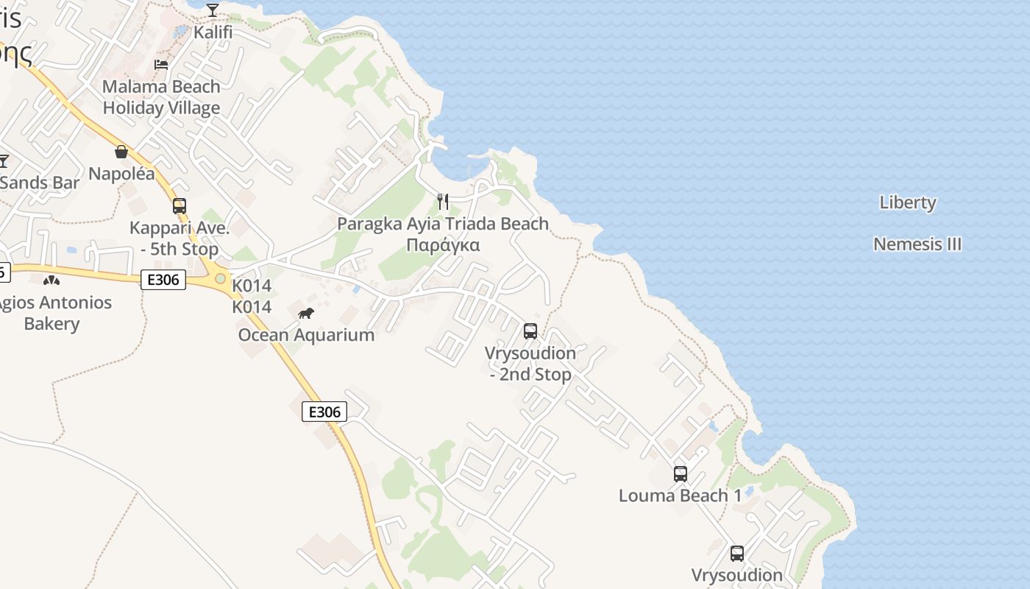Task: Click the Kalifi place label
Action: (213, 32)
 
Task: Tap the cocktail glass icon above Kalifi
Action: (213, 10)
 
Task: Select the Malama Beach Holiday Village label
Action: (161, 97)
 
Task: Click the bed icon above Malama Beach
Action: (161, 65)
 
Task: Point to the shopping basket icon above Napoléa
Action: (121, 152)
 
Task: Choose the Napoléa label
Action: (121, 174)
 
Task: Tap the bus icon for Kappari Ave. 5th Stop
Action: (180, 206)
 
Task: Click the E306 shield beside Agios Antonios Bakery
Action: (163, 280)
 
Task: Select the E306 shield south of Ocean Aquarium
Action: (324, 412)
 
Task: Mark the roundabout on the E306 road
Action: (220, 279)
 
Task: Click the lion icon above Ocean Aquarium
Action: (306, 314)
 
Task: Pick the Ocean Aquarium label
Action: (306, 335)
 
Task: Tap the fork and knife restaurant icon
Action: (443, 202)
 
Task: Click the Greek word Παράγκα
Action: (443, 245)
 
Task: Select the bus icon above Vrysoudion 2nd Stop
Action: (530, 331)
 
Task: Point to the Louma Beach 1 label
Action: (680, 495)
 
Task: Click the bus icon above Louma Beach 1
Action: (681, 474)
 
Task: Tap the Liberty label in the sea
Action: (908, 202)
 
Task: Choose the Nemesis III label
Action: (917, 244)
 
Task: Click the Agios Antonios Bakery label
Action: (53, 313)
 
